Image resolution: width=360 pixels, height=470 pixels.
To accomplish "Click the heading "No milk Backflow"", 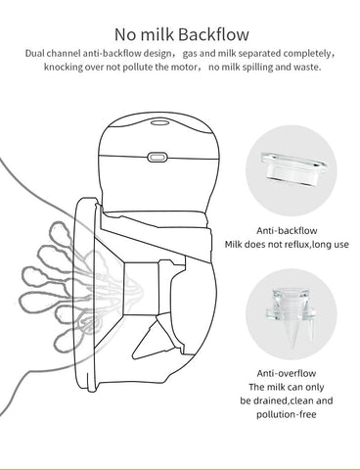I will pyautogui.click(x=180, y=32).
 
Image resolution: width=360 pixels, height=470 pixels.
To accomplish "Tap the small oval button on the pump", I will pyautogui.click(x=156, y=156).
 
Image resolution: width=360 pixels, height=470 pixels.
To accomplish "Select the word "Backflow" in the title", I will pyautogui.click(x=217, y=32).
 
